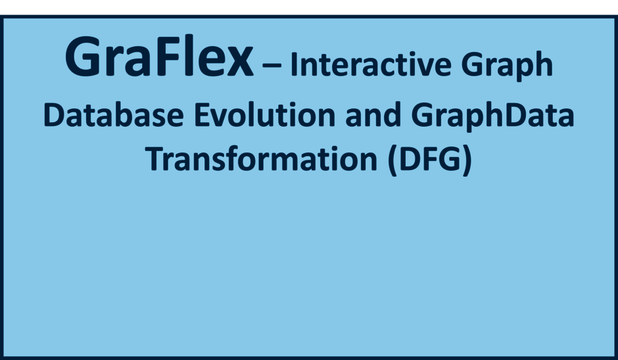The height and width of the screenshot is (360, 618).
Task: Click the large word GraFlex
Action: click(159, 56)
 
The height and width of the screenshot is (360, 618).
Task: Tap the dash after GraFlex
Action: click(272, 65)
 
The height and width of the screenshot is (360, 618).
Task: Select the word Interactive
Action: click(371, 64)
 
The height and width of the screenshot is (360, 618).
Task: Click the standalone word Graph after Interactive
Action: click(507, 66)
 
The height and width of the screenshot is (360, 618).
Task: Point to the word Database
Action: click(114, 114)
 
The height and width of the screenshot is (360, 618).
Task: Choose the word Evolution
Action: click(264, 114)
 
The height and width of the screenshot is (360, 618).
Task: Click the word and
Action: click(373, 114)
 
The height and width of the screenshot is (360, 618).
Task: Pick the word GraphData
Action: click(492, 116)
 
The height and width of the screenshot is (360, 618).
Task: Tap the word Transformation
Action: click(261, 159)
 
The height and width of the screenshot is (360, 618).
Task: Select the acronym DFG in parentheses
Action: click(430, 159)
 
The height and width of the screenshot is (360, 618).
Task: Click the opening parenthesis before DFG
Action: click(392, 160)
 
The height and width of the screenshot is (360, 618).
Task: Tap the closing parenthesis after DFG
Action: click(467, 160)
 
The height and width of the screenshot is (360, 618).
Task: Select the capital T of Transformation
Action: click(155, 159)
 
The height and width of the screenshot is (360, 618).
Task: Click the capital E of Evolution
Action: click(202, 114)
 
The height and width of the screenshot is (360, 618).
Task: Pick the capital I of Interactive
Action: click(294, 64)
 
